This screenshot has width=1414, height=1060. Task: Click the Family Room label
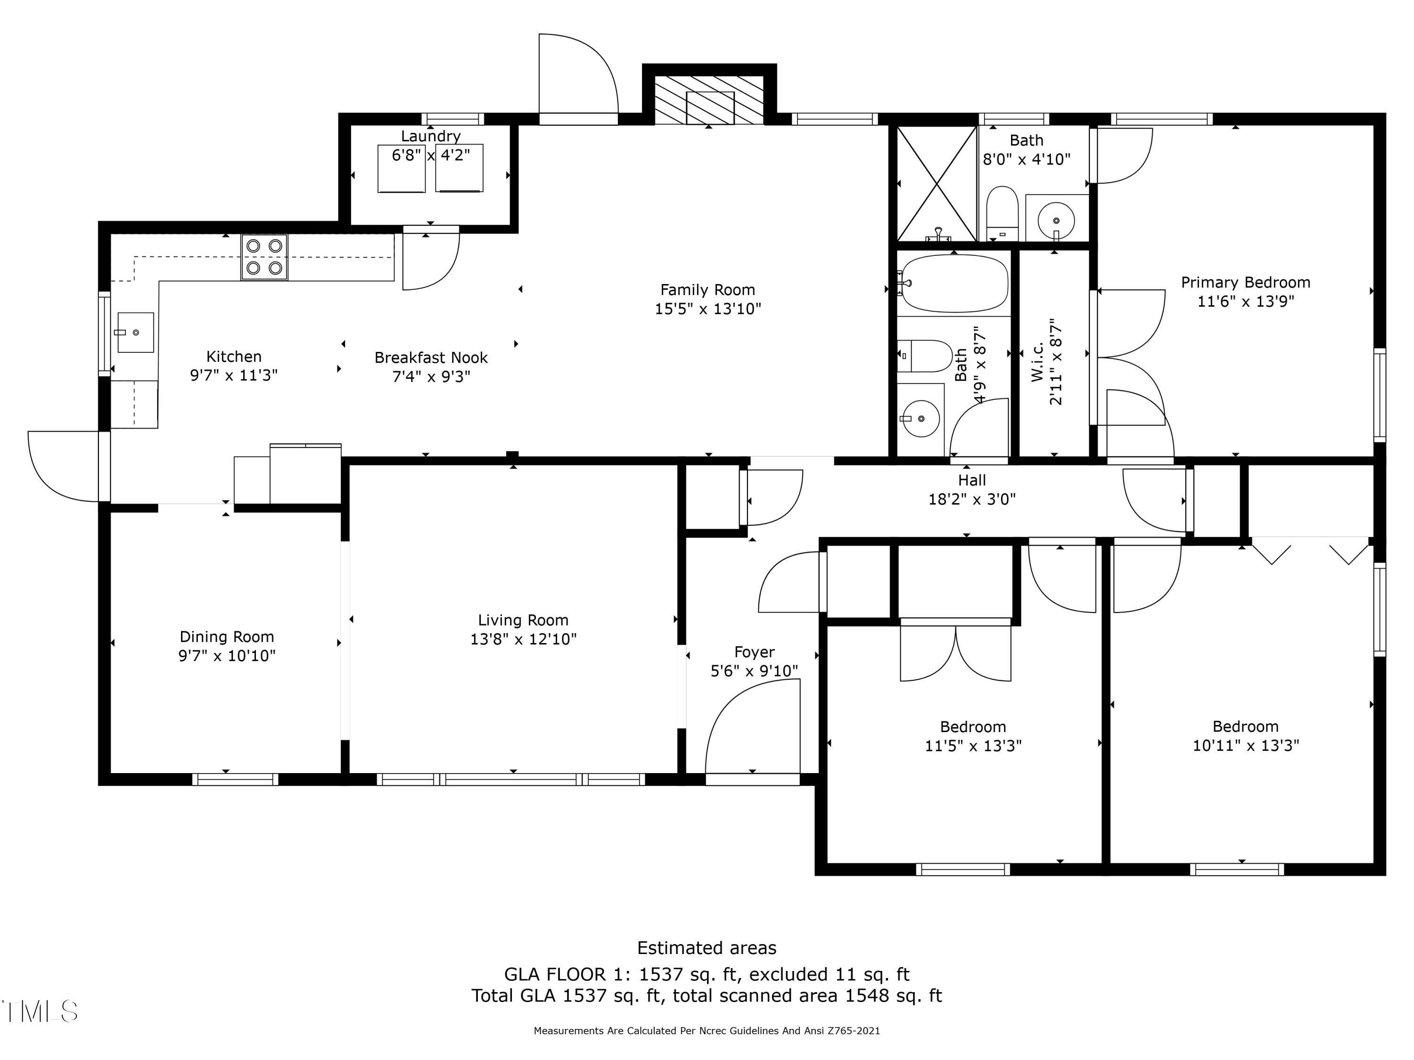pos(707,290)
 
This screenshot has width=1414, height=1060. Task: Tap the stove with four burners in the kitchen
pos(264,257)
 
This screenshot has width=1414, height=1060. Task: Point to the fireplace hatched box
pos(709,100)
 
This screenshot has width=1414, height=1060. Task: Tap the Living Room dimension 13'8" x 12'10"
pos(524,639)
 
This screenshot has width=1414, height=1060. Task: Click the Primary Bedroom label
pos(1245,282)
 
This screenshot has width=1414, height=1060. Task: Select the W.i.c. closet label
pos(1037,362)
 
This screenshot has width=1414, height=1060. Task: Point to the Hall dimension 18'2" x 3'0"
pos(971,499)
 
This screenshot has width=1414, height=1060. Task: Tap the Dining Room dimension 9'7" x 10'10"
pos(227,656)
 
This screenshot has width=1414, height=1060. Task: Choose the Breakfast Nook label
pos(431,357)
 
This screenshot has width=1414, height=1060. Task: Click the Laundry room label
pos(430,136)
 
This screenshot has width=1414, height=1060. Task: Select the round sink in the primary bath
pos(1055,220)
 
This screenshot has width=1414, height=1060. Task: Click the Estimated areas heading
pos(707,947)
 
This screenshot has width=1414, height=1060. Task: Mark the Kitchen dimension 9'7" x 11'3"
pos(234,375)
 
